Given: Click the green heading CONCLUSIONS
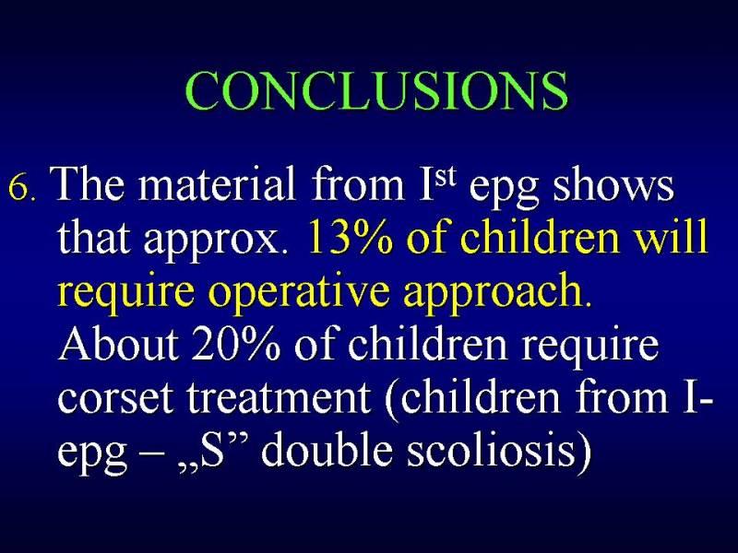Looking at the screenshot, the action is [376, 90].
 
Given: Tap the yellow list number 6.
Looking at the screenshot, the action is [20, 189].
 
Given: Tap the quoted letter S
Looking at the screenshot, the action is [212, 450].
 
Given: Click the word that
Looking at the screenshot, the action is [94, 237].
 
